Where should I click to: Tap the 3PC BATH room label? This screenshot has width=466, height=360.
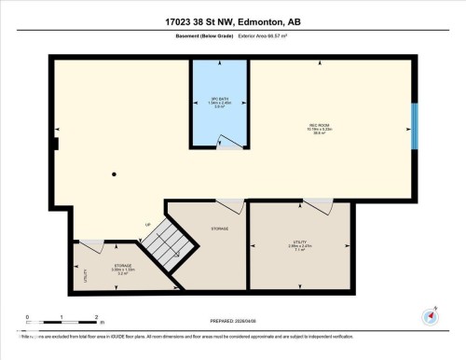(220, 99)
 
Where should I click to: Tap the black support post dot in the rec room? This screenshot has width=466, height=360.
(115, 174)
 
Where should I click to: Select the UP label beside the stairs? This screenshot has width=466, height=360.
(147, 224)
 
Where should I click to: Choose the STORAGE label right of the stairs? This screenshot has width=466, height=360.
(220, 228)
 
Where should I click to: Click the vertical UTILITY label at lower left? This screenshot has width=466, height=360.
(85, 274)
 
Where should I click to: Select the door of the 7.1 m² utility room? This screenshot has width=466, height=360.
(317, 205)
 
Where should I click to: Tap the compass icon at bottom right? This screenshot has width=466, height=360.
(431, 316)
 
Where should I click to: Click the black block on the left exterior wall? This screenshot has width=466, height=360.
(56, 144)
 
